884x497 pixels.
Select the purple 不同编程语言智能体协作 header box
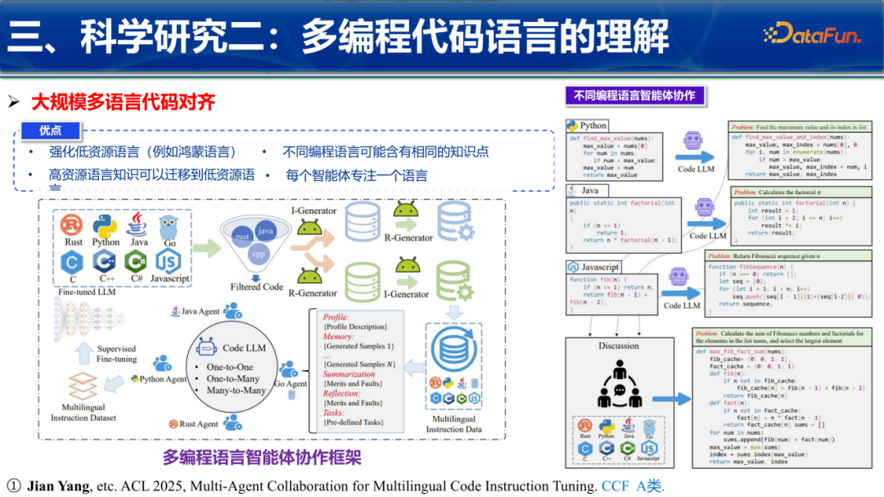pos(634,95)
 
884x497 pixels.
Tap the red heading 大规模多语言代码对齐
pos(124,102)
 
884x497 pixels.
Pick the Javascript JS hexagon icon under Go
pos(169,262)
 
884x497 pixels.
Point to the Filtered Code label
pos(256,287)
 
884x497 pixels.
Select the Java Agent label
pos(201,311)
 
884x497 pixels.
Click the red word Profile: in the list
pos(336,317)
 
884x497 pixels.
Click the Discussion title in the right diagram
pos(619,345)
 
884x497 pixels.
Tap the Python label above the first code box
pos(593,126)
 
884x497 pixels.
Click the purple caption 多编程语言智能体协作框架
pos(262,457)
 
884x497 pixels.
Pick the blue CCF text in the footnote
pos(615,486)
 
